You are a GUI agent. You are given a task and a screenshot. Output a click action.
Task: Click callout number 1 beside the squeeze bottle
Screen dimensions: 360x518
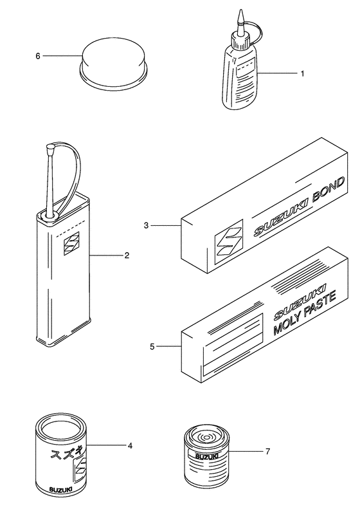(302, 73)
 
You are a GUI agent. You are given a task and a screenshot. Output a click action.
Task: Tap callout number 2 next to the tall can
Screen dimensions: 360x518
(127, 255)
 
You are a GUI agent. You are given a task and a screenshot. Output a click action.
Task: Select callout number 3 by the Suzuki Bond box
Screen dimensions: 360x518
(146, 226)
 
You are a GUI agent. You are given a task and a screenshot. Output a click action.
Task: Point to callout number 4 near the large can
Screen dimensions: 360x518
(130, 446)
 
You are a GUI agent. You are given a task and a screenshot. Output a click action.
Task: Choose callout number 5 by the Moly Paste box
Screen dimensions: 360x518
(152, 347)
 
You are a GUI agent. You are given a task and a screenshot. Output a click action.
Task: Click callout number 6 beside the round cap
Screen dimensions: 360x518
(38, 56)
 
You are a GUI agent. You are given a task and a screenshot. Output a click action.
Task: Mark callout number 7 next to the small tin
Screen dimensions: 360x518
(267, 451)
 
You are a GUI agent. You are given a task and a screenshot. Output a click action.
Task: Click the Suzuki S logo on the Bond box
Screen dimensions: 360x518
(229, 242)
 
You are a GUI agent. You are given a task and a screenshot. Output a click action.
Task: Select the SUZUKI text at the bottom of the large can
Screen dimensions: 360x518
(60, 489)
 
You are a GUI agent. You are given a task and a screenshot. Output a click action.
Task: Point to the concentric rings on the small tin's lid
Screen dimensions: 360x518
(207, 438)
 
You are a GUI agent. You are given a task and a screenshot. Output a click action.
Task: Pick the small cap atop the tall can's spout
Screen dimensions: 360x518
(51, 147)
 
